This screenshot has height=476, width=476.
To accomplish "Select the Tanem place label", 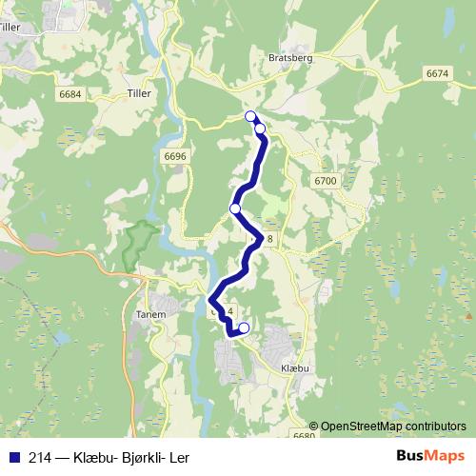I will [151, 314].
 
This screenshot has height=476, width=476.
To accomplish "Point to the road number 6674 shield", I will [437, 73].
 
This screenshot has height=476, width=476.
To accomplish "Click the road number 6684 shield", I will [69, 93].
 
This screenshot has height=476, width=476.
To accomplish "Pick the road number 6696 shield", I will [175, 155].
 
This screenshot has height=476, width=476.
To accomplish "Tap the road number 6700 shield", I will [326, 180].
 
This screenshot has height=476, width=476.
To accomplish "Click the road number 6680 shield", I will [304, 436].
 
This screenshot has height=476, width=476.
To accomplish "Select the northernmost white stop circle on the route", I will [251, 116].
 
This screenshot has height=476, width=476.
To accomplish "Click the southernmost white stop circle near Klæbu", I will [244, 328].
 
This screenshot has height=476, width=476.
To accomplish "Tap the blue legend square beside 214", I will [13, 458].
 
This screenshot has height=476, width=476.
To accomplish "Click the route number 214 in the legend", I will [40, 458].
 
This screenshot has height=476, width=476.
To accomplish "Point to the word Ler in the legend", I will [179, 458].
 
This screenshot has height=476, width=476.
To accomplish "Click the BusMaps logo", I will [429, 457].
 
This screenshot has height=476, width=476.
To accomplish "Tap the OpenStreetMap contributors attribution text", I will [393, 426].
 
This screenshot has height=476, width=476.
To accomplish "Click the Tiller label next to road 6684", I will [138, 93].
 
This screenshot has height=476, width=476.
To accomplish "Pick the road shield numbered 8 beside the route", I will [270, 239].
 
